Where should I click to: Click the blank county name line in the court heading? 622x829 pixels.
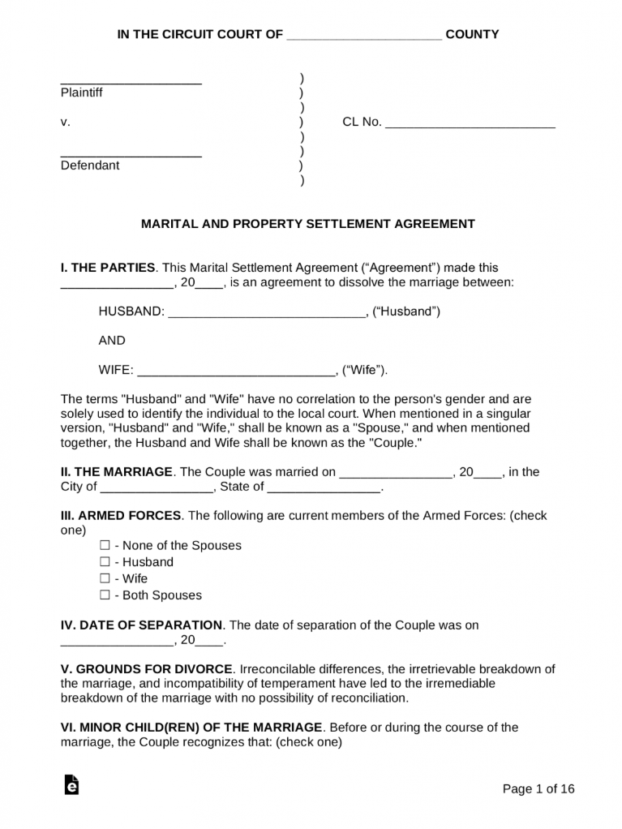[364, 37]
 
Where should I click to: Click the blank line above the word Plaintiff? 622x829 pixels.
[131, 83]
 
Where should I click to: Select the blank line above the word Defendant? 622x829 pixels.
[131, 156]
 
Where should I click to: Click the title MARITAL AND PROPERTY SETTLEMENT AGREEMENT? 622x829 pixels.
[308, 224]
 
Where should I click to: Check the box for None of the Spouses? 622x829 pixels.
[105, 546]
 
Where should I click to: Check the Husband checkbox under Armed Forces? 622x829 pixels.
[105, 562]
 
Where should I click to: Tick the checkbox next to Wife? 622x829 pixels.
[105, 579]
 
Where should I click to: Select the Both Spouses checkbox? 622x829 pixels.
[105, 595]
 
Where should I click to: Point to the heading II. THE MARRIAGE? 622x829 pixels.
[117, 472]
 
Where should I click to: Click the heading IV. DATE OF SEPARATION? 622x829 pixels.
[141, 625]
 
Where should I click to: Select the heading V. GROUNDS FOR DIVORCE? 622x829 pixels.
[147, 669]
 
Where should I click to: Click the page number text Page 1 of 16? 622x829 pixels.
[538, 788]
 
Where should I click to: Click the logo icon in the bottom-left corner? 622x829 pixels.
[71, 786]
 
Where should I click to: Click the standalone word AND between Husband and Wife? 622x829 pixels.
[112, 341]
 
